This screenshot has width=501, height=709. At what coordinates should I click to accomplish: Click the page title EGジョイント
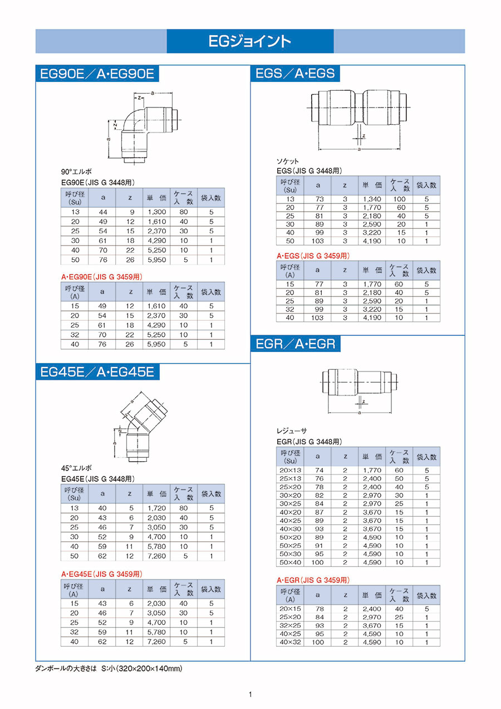pyautogui.click(x=250, y=41)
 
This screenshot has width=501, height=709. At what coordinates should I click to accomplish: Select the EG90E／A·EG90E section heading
pyautogui.click(x=97, y=74)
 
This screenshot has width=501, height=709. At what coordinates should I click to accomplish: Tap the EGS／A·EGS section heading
pyautogui.click(x=295, y=74)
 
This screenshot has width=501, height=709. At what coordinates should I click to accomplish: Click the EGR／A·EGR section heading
pyautogui.click(x=295, y=344)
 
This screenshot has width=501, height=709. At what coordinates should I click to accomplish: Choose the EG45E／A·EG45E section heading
pyautogui.click(x=97, y=371)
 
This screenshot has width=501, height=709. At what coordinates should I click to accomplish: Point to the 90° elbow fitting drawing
pyautogui.click(x=144, y=128)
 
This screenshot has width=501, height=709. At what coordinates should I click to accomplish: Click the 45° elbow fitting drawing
pyautogui.click(x=140, y=427)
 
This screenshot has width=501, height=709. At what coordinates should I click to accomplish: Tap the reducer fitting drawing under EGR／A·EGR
pyautogui.click(x=359, y=391)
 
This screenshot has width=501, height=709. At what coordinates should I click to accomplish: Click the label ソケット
pyautogui.click(x=287, y=162)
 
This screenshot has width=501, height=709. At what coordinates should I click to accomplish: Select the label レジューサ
pyautogui.click(x=292, y=431)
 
